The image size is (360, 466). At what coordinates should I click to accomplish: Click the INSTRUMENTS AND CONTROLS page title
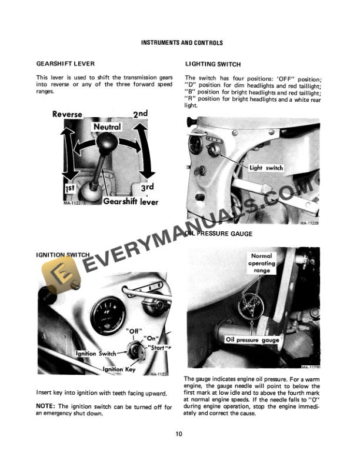[182, 43]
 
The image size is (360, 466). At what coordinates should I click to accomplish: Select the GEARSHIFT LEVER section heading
[65, 64]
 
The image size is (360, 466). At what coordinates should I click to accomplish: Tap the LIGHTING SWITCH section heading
[212, 64]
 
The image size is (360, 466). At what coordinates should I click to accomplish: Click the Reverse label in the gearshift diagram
[67, 114]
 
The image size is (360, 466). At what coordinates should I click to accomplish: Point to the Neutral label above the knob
[106, 127]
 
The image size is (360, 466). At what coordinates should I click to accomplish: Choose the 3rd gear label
[146, 187]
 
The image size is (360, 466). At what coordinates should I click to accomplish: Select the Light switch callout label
[266, 168]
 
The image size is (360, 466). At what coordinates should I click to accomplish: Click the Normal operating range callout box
[262, 264]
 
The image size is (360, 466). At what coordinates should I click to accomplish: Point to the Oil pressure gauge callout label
[252, 339]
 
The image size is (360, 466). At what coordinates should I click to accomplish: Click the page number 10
[179, 434]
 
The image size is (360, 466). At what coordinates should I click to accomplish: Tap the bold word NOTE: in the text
[46, 407]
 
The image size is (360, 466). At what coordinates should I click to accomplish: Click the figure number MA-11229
[308, 224]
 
